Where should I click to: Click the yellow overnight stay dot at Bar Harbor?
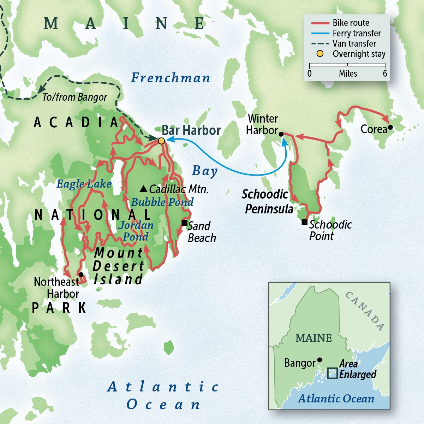tap(161, 141)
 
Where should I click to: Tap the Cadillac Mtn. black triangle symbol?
tap(143, 189)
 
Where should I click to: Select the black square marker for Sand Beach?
tap(184, 223)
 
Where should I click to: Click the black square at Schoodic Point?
tap(304, 222)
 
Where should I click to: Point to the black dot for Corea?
tap(390, 128)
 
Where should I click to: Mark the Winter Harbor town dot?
tap(281, 134)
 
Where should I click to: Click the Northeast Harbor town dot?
tap(81, 275)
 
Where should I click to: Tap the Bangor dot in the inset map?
tap(320, 360)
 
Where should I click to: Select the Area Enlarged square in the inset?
tap(332, 373)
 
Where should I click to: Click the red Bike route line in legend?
tap(320, 23)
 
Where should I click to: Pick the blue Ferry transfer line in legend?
tap(320, 34)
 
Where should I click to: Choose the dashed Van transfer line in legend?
tap(320, 44)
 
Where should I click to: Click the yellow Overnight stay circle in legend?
tap(320, 54)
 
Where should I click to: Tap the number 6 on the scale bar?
tap(385, 73)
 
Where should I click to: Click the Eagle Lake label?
tap(84, 184)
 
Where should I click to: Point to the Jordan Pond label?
tap(136, 231)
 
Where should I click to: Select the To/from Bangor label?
tap(75, 98)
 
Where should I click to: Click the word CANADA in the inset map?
tap(365, 311)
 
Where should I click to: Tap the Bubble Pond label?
tap(162, 202)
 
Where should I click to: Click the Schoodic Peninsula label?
tap(267, 201)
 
